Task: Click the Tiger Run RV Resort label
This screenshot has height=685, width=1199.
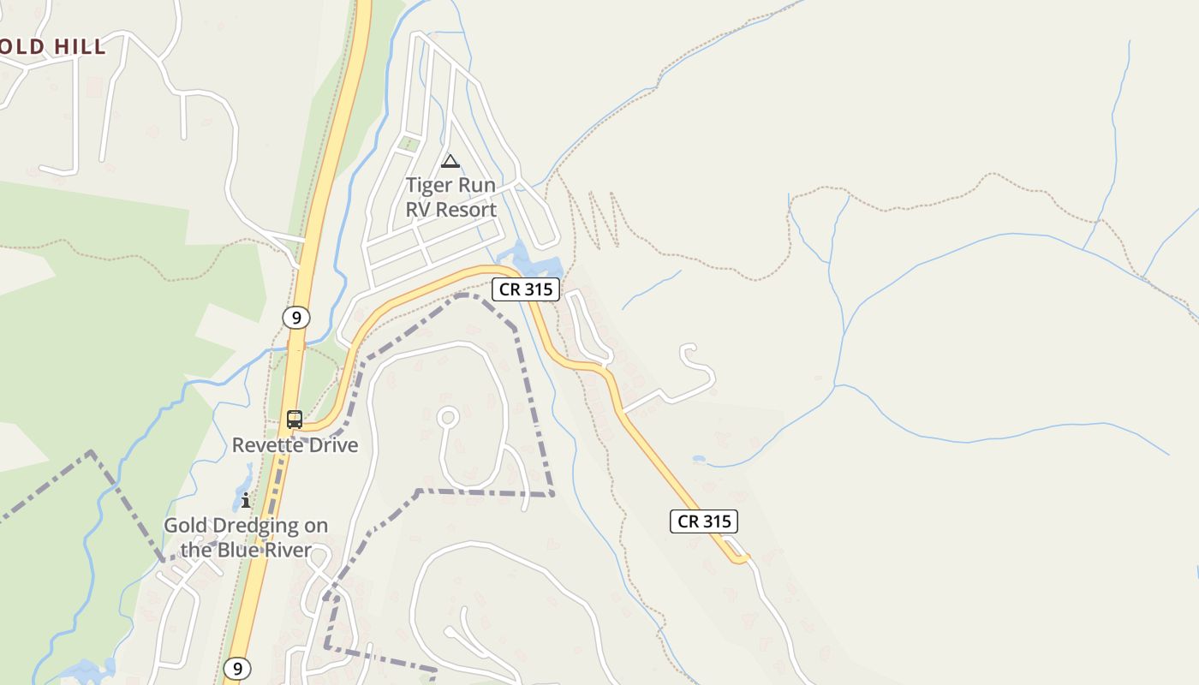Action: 450,197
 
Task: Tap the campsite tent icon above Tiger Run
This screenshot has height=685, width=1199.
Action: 450,161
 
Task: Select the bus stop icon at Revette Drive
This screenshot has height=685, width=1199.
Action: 295,420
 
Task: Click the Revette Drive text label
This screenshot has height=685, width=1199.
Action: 295,445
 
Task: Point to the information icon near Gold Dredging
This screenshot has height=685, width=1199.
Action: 246,500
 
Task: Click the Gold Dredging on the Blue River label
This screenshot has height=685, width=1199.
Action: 246,538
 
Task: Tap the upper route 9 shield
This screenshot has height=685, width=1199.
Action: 295,318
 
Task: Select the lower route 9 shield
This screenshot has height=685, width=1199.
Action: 237,668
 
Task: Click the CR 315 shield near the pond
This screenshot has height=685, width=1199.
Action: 526,289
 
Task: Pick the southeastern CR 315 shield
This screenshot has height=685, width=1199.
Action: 703,521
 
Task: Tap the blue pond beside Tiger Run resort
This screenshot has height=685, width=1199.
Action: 531,259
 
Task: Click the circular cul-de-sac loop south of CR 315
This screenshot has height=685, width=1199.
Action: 448,418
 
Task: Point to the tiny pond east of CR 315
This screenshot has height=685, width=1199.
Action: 699,460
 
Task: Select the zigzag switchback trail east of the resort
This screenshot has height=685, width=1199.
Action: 599,218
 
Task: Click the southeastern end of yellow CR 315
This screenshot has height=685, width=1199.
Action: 742,561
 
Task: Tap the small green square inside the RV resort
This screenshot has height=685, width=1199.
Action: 409,143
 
